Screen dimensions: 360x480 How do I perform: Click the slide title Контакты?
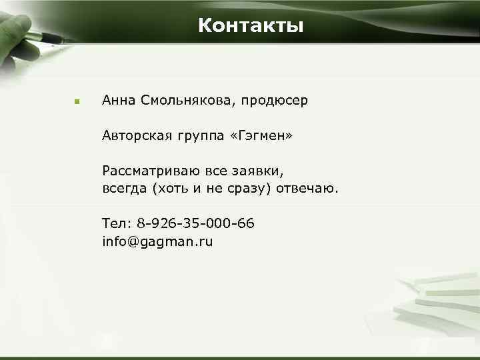click(251, 26)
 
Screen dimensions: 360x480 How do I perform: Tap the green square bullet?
click(77, 102)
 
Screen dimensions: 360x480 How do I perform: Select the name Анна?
click(119, 101)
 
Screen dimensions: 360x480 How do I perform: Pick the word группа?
click(199, 137)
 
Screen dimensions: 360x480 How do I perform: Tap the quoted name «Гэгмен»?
click(261, 136)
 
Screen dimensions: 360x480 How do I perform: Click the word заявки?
click(261, 172)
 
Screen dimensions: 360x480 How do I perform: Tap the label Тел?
click(117, 223)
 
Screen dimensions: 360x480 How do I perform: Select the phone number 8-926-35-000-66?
click(197, 223)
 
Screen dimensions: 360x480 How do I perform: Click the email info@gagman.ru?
click(157, 241)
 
